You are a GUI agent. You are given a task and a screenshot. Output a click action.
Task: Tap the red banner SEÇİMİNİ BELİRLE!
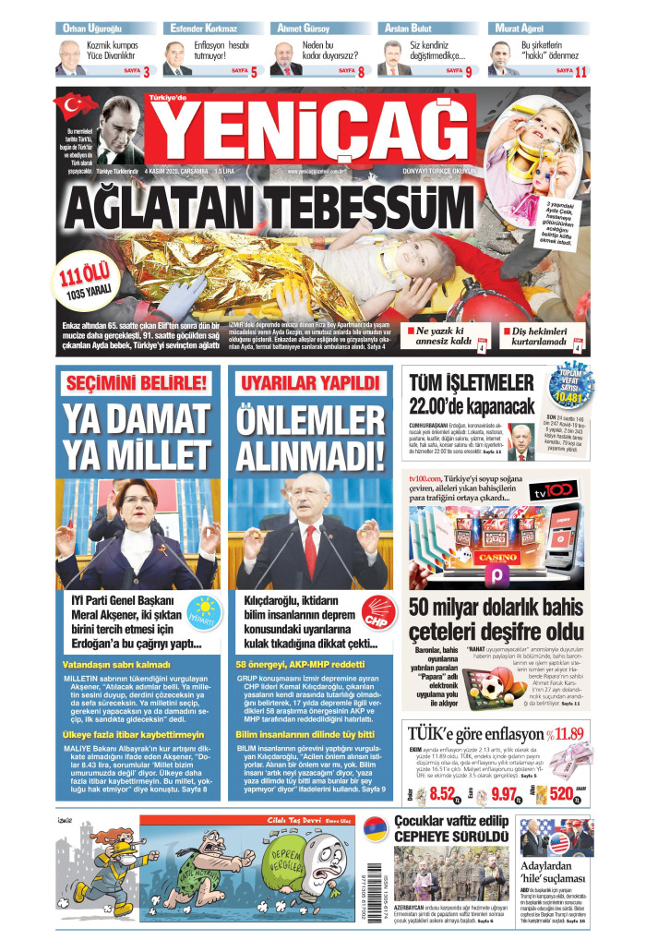pos(136,382)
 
